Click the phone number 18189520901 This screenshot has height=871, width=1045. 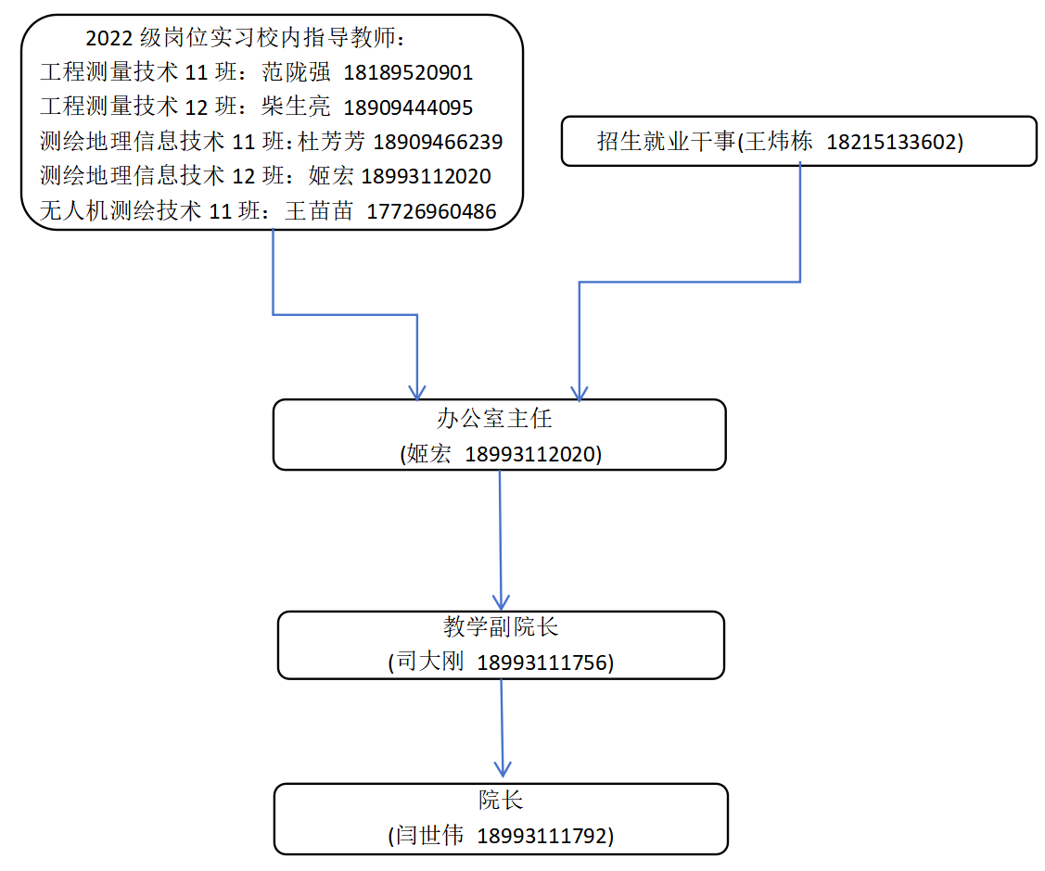coord(408,72)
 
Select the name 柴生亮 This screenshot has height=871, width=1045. coord(296,107)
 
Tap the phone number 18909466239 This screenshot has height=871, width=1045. coord(438,141)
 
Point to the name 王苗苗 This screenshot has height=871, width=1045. coord(319,210)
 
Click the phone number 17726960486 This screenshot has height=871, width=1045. coord(431,211)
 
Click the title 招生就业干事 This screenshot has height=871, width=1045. coord(666,141)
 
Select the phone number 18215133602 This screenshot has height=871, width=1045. coord(891,142)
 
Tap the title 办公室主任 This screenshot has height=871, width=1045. coord(494,418)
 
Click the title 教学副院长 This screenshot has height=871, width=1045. coord(501,626)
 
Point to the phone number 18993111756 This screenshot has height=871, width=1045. coord(542,663)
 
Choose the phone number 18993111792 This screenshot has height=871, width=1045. coord(542,836)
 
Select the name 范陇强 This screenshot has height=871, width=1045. coord(296,72)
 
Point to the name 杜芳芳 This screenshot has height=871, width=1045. coord(331,141)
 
